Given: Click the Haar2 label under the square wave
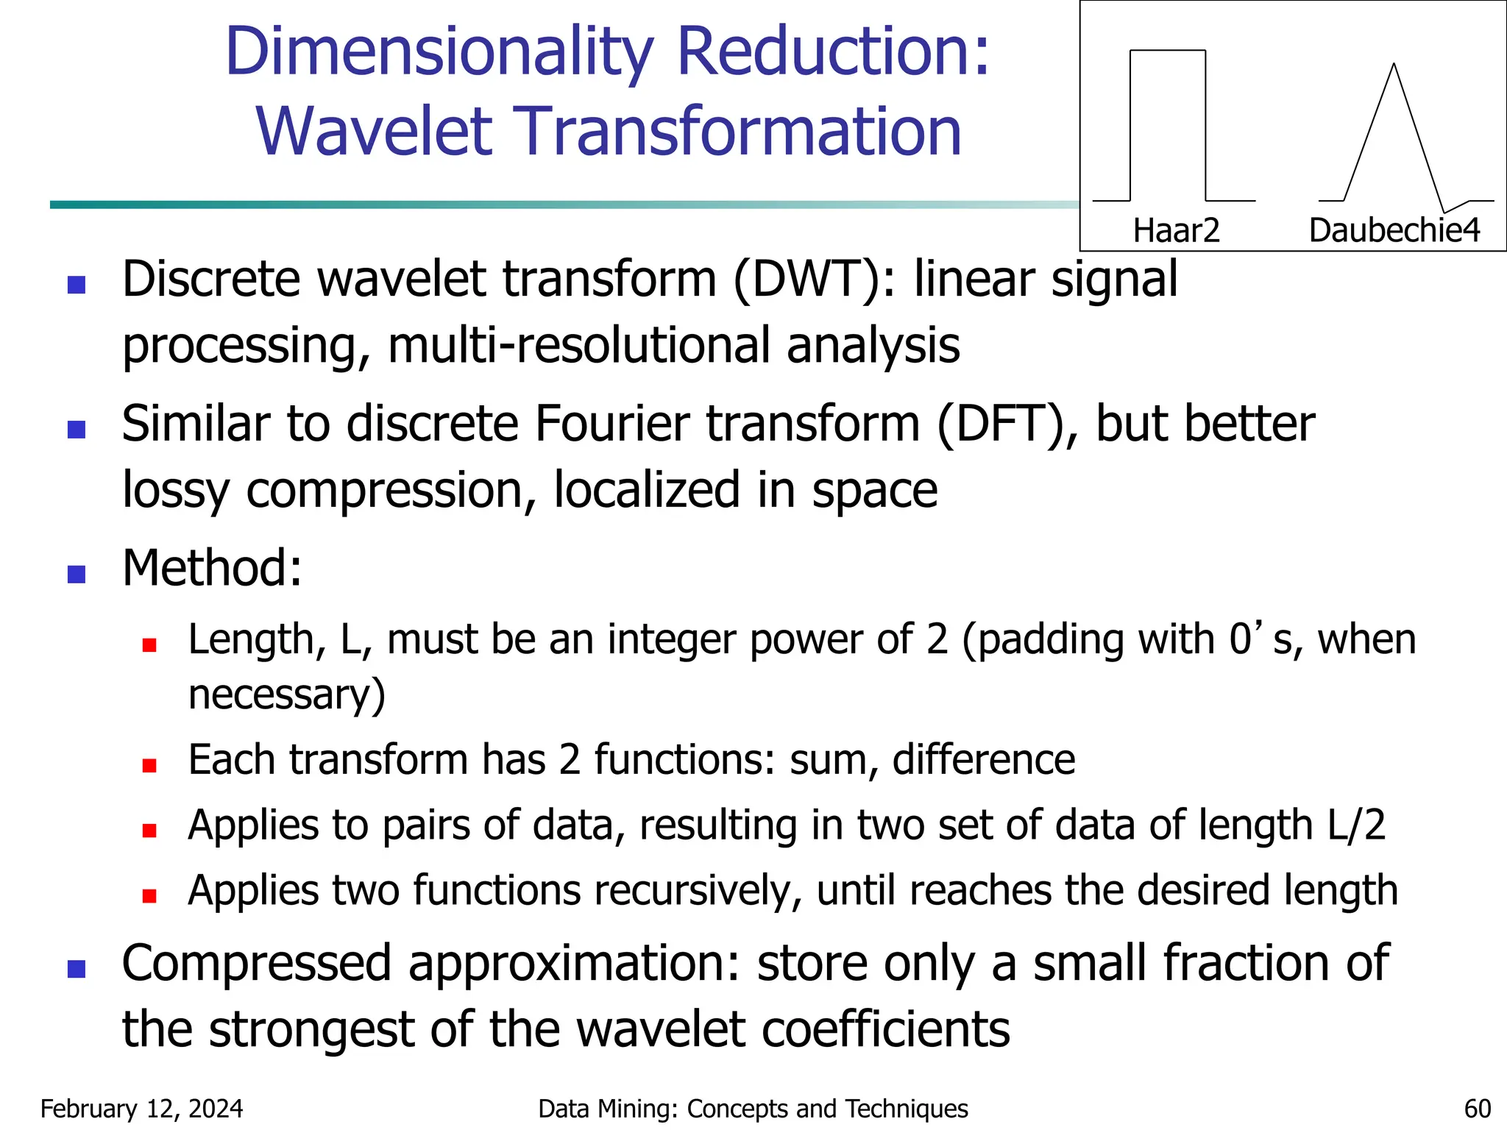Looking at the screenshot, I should click(1176, 230).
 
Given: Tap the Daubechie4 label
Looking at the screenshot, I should click(1394, 230).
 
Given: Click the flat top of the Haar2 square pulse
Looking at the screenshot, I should click(1167, 51).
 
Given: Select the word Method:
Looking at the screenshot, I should click(212, 568).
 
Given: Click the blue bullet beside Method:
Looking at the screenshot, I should click(77, 574).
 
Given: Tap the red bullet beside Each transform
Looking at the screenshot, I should click(149, 765).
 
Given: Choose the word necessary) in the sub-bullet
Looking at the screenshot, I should click(287, 694).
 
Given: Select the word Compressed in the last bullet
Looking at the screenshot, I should click(256, 963).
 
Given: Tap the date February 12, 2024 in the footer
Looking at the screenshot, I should click(141, 1109).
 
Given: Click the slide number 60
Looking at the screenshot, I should click(1477, 1109).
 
